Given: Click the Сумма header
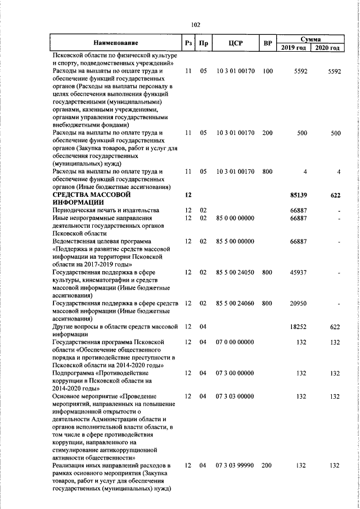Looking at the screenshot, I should click(x=310, y=39).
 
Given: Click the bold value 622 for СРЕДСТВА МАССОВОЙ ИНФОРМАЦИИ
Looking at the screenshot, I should click(x=334, y=195).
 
